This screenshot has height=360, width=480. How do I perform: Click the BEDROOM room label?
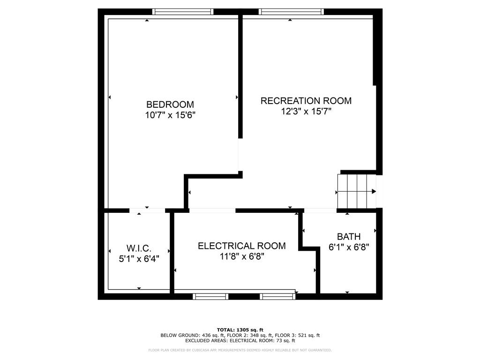[x=170, y=105]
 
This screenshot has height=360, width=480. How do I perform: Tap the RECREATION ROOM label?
[x=306, y=101]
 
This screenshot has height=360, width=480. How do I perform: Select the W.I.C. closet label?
[x=138, y=248]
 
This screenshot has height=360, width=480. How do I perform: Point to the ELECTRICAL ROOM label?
[x=241, y=246]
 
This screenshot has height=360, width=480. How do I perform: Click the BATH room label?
[x=349, y=237]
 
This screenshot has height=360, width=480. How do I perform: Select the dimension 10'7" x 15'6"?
[x=170, y=115]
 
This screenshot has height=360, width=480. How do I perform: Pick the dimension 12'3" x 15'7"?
[x=306, y=112]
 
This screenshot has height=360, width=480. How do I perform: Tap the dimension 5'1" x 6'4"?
[x=138, y=259]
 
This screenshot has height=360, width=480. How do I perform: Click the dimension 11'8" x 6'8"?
[x=241, y=256]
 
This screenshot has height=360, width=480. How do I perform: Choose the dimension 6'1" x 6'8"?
[x=349, y=247]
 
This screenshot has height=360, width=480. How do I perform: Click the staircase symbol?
[x=357, y=191]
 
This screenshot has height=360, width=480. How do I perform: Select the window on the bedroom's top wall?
[x=183, y=12]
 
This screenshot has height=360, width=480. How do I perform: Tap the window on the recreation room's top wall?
[x=291, y=12]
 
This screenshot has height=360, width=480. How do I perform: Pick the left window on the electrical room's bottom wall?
[x=210, y=296]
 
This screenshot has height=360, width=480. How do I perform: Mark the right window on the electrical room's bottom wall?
[x=277, y=296]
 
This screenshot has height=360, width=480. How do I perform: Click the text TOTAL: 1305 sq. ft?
[x=240, y=330]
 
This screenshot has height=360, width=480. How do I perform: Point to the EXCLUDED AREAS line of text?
[x=240, y=341]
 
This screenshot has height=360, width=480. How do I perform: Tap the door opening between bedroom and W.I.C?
[x=147, y=210]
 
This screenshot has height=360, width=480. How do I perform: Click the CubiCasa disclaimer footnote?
[x=240, y=350]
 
